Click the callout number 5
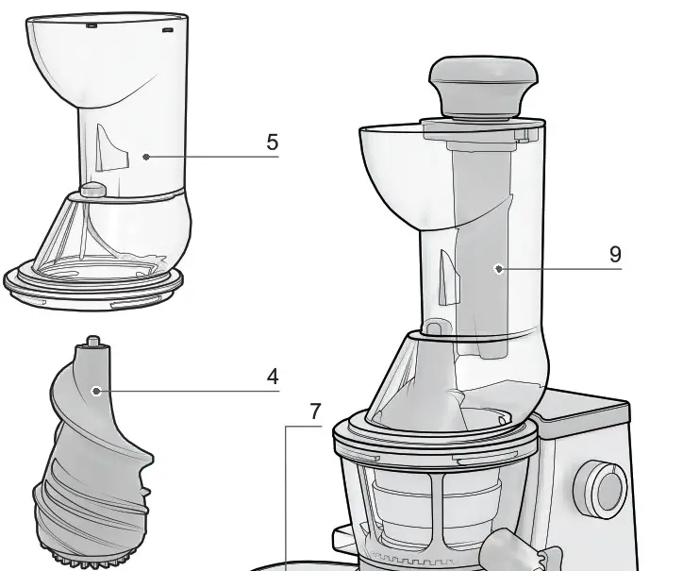pyautogui.click(x=273, y=143)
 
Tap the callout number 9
pyautogui.click(x=615, y=254)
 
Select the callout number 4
pyautogui.click(x=273, y=378)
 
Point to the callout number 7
pyautogui.click(x=316, y=411)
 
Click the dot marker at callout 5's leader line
pyautogui.click(x=145, y=157)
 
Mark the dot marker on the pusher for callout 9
pyautogui.click(x=498, y=269)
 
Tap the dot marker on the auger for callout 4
pyautogui.click(x=94, y=390)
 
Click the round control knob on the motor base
pyautogui.click(x=605, y=488)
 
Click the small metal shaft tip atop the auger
pyautogui.click(x=93, y=341)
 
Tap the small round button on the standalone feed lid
pyautogui.click(x=92, y=190)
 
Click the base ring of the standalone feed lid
pyautogui.click(x=92, y=286)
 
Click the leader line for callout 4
pyautogui.click(x=189, y=390)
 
